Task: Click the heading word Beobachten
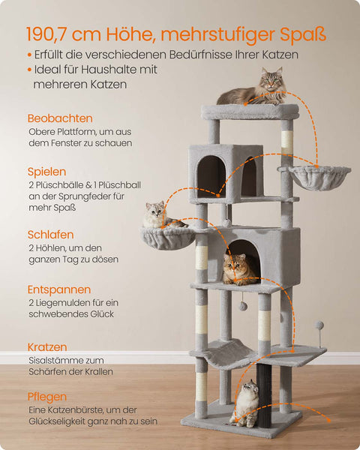60,118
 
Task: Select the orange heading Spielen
46,172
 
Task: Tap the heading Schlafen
51,235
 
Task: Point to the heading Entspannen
59,289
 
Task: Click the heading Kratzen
47,347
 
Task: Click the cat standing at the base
245,402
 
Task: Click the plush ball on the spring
319,325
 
